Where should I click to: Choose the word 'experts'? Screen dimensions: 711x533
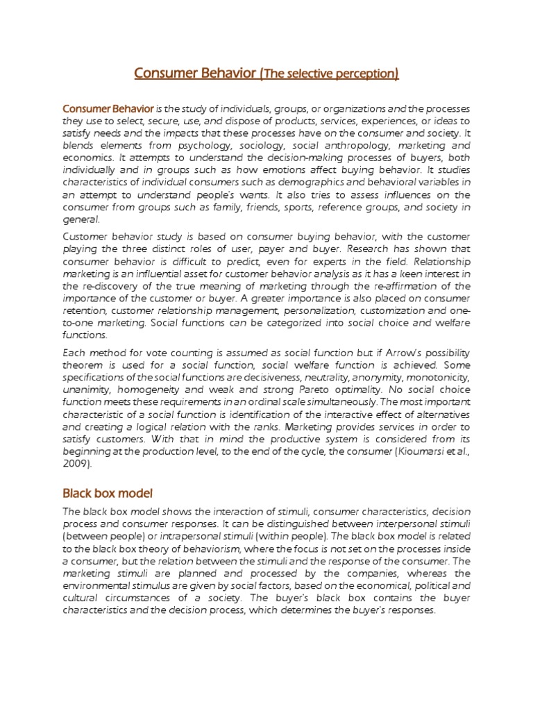coord(374,261)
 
